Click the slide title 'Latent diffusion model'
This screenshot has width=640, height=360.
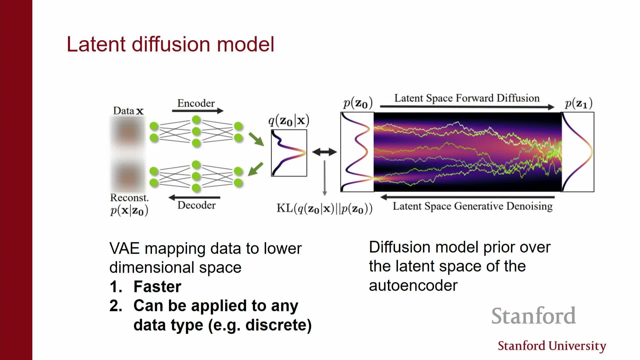click(170, 44)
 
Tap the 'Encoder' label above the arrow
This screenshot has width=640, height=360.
click(196, 103)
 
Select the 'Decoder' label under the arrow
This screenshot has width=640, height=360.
click(196, 205)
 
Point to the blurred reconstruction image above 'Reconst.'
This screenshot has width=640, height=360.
click(128, 175)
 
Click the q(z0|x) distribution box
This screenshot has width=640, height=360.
click(289, 153)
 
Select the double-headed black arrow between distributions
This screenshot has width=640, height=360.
click(324, 152)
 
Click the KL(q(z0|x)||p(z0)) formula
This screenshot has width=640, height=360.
click(324, 208)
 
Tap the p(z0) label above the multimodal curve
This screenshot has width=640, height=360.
click(358, 103)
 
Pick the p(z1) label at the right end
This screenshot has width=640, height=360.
click(579, 103)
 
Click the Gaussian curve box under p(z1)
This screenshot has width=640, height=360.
click(578, 152)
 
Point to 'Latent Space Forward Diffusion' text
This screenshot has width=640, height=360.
click(467, 98)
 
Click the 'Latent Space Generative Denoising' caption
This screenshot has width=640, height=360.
click(472, 206)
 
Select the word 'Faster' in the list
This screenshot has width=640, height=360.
click(157, 287)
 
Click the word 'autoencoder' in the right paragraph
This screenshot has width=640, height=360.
click(413, 286)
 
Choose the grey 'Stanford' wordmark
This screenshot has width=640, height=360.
click(533, 316)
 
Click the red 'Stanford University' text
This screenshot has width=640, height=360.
click(552, 346)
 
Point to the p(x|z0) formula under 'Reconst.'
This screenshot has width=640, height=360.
click(129, 211)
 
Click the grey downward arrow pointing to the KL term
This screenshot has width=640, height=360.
click(325, 178)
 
